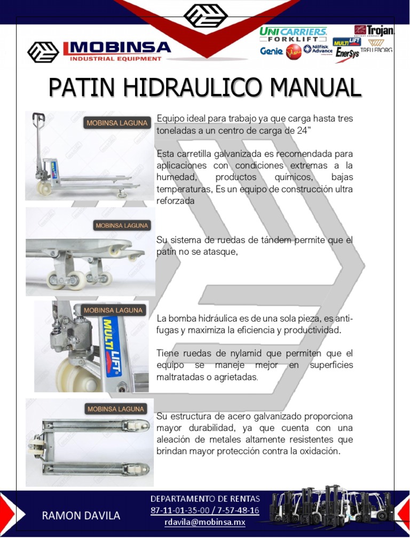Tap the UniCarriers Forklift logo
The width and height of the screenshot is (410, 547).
[293, 35]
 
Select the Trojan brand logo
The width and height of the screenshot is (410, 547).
[375, 30]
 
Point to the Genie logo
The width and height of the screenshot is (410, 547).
[271, 51]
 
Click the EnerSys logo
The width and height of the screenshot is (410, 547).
[347, 54]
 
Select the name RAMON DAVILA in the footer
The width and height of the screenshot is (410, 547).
[81, 515]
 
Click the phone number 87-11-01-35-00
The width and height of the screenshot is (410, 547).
[179, 510]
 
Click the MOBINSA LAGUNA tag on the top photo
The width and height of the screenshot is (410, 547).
[117, 123]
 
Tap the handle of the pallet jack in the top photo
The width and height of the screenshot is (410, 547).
[38, 119]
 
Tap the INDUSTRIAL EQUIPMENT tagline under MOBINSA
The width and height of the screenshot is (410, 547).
[115, 59]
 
